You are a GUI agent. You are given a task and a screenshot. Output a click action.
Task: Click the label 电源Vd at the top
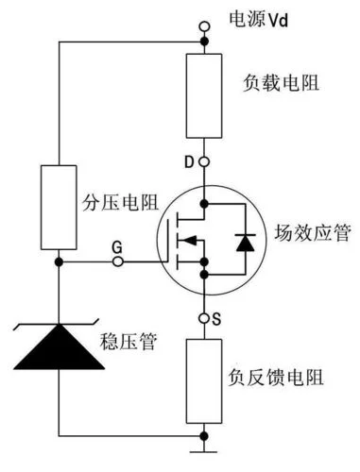click(x=259, y=20)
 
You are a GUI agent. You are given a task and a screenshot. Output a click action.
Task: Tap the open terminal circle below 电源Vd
click(x=204, y=26)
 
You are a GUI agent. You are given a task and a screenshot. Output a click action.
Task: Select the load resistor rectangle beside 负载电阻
click(x=204, y=96)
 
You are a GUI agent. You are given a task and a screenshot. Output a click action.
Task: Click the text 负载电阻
click(x=282, y=83)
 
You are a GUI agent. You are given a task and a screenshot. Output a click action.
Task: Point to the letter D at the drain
click(x=189, y=162)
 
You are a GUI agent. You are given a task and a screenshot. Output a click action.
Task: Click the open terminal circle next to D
click(x=204, y=162)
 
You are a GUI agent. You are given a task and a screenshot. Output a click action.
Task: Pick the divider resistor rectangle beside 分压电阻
click(x=59, y=208)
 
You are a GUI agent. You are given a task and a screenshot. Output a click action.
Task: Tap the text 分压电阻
click(x=120, y=203)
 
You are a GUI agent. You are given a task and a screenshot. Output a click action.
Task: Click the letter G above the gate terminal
click(x=117, y=247)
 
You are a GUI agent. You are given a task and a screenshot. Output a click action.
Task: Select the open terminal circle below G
click(x=118, y=261)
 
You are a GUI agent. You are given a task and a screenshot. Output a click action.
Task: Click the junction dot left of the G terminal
click(x=59, y=261)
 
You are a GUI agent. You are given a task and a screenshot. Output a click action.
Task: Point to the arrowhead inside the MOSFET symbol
click(x=190, y=241)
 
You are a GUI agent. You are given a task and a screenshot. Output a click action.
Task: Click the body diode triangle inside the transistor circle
click(x=246, y=243)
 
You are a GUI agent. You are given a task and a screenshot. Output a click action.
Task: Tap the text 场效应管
click(x=313, y=233)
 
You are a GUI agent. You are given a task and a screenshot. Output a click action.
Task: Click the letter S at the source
click(x=216, y=319)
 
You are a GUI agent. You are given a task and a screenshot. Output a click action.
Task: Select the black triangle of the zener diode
click(x=59, y=346)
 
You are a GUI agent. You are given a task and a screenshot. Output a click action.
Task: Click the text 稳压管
click(x=129, y=342)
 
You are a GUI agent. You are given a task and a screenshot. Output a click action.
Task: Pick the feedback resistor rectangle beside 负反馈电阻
click(x=204, y=381)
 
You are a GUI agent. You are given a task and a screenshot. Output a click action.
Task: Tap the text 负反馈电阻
click(x=276, y=378)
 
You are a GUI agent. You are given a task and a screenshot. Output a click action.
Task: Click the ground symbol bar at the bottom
click(x=203, y=452)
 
